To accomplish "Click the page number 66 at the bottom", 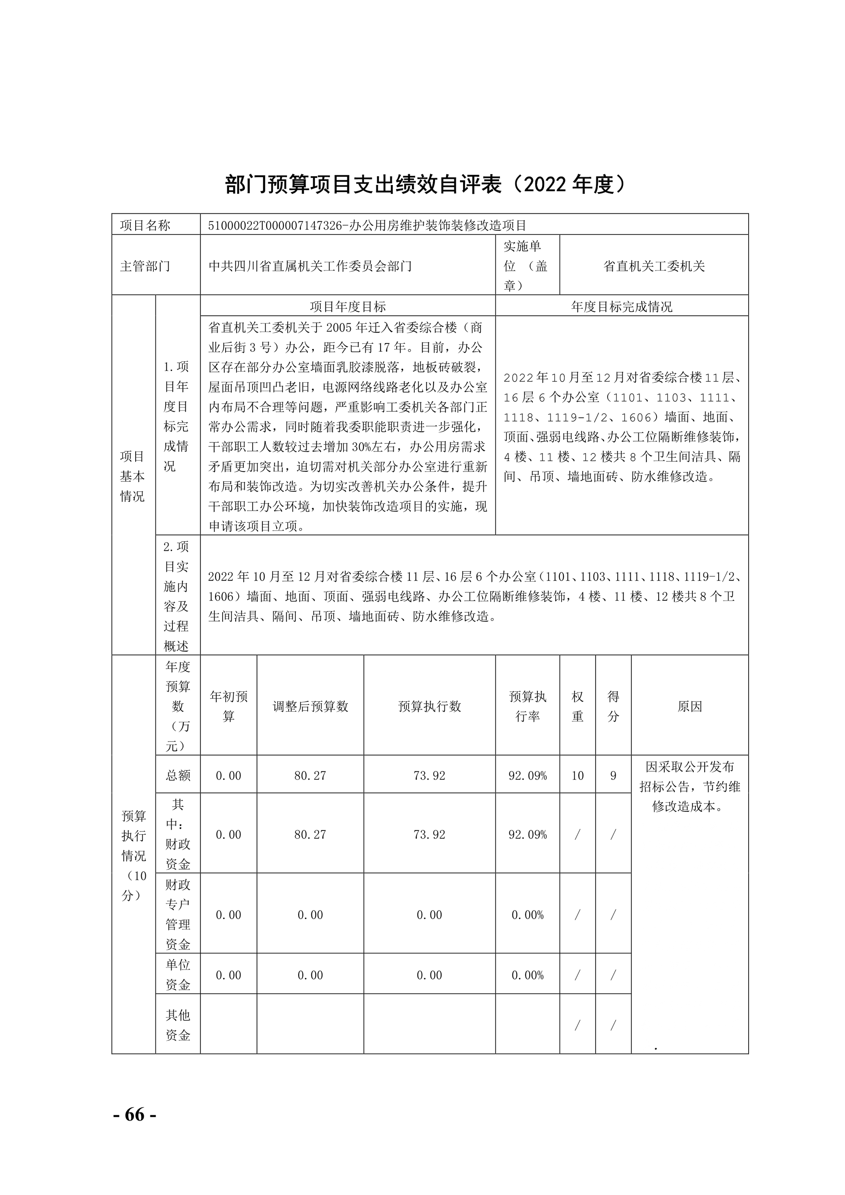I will [x=134, y=1114].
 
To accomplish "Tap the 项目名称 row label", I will [x=145, y=226].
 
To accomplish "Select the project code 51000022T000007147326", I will [x=274, y=226].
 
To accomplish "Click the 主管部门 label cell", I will [x=145, y=266].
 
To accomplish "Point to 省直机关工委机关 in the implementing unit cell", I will [x=654, y=266].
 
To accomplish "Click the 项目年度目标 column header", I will [x=348, y=307].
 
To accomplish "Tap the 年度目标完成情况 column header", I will [x=621, y=307].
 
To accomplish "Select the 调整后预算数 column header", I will [x=310, y=706].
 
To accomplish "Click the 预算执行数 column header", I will [x=430, y=706].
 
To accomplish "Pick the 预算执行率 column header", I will [x=527, y=706].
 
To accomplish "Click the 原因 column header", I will [x=690, y=706].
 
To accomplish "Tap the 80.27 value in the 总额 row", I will [x=310, y=776].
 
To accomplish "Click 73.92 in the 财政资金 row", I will [x=430, y=834].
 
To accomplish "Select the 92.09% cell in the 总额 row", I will [x=527, y=776].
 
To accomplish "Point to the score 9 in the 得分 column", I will [x=613, y=776].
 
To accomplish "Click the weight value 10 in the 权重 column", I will [x=578, y=776].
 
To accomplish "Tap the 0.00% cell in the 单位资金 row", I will [x=527, y=975].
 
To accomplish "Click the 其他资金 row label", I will [x=178, y=1025].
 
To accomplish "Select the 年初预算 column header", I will [x=229, y=706].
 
